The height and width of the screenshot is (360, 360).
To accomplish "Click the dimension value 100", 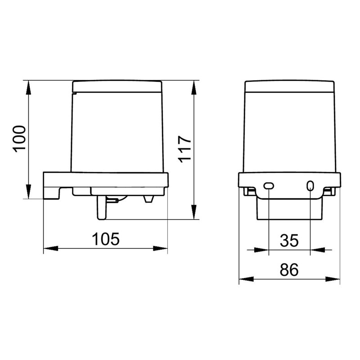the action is pyautogui.click(x=19, y=139).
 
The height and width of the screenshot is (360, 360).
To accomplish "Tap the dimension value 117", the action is pyautogui.click(x=184, y=149).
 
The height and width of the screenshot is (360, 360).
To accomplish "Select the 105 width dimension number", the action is pyautogui.click(x=106, y=239).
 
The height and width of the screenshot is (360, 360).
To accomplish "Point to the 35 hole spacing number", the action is pyautogui.click(x=289, y=241).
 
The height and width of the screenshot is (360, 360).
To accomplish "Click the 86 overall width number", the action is pyautogui.click(x=289, y=270).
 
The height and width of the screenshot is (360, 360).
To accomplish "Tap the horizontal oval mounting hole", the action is pyautogui.click(x=269, y=186).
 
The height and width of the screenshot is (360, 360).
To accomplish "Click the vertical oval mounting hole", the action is pyautogui.click(x=310, y=185).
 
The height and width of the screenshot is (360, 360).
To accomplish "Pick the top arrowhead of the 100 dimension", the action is pyautogui.click(x=28, y=87).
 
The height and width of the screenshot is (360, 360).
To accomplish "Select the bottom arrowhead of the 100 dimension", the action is pyautogui.click(x=28, y=192).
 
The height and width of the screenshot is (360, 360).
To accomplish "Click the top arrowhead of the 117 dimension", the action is pyautogui.click(x=194, y=87).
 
